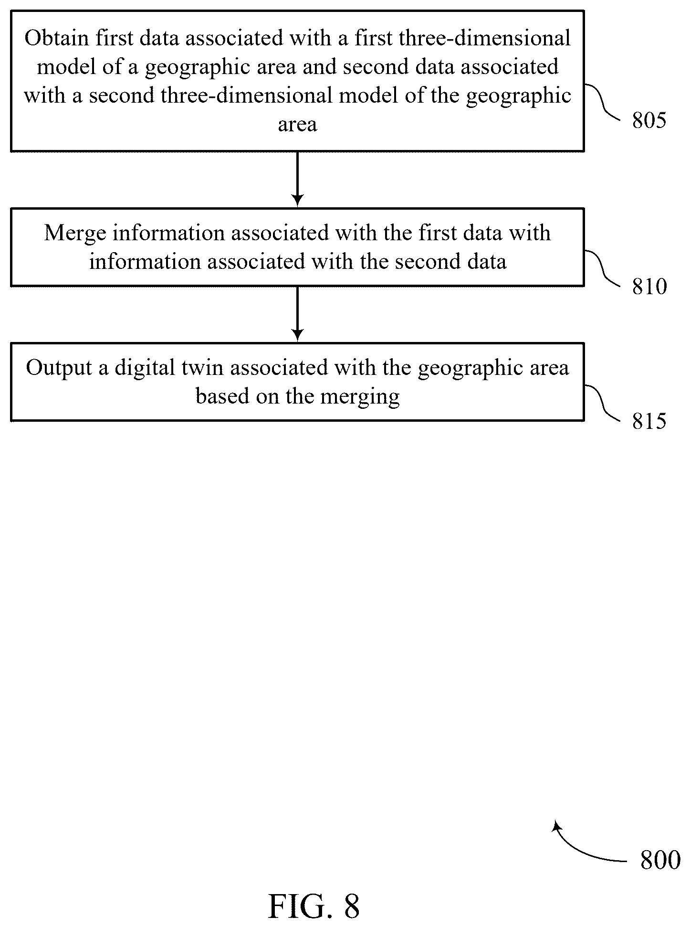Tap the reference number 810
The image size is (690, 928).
click(x=649, y=287)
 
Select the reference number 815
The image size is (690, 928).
click(x=649, y=421)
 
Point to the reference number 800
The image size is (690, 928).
click(x=660, y=860)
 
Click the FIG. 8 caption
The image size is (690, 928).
click(x=314, y=906)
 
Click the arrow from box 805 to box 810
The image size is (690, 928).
click(x=297, y=179)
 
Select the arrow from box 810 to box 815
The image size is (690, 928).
click(x=297, y=314)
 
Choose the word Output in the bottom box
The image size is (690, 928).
click(x=59, y=368)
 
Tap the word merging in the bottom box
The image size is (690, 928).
click(x=360, y=397)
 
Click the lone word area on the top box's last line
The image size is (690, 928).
click(x=297, y=125)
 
